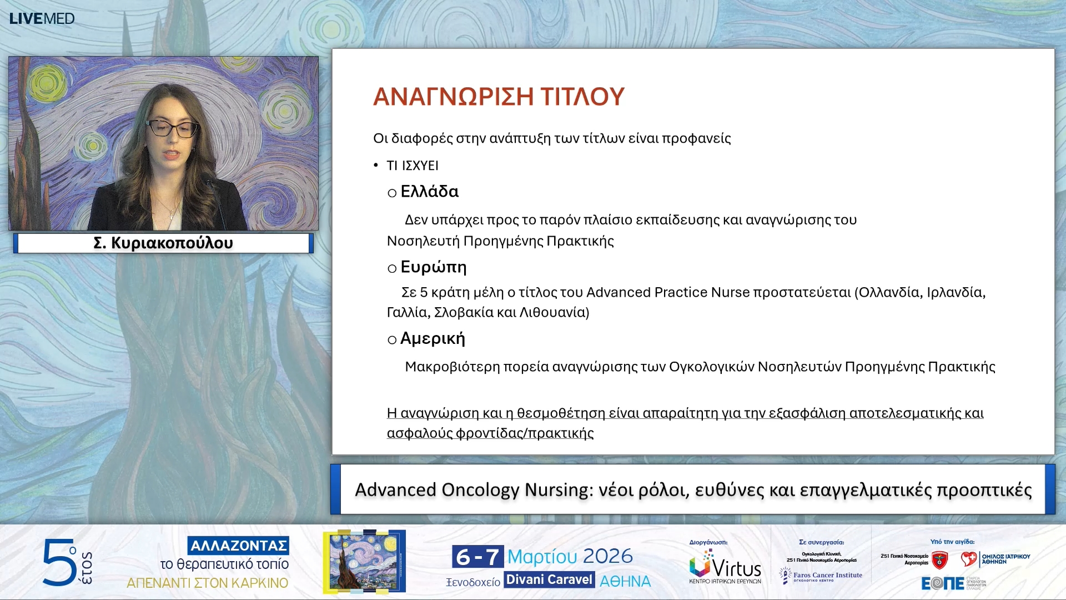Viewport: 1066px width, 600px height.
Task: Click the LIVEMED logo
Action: tap(42, 18)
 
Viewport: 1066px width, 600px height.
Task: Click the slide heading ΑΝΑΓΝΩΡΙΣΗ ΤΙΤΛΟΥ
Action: tap(499, 97)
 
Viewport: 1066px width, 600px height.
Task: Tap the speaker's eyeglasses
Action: tap(172, 128)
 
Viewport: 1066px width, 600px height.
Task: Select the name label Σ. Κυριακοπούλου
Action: tap(163, 243)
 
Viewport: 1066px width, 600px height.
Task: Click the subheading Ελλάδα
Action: tap(429, 192)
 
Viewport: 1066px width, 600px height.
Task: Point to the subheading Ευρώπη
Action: tap(433, 267)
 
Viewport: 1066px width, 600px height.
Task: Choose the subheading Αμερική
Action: tap(433, 338)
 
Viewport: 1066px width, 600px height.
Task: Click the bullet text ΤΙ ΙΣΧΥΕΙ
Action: tap(413, 166)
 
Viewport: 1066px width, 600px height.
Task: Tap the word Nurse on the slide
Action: tap(730, 292)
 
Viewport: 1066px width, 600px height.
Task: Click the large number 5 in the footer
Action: tap(59, 562)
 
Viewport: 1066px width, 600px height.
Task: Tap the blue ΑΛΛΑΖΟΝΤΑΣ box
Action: tap(238, 546)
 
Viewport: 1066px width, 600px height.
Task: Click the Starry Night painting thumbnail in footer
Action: tap(364, 561)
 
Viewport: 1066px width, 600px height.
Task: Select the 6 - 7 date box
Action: tap(477, 556)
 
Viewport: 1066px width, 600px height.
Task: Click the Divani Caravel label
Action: tap(549, 580)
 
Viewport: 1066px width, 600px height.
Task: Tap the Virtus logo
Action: tap(725, 567)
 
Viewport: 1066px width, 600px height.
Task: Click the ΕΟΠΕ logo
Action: tap(943, 583)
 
